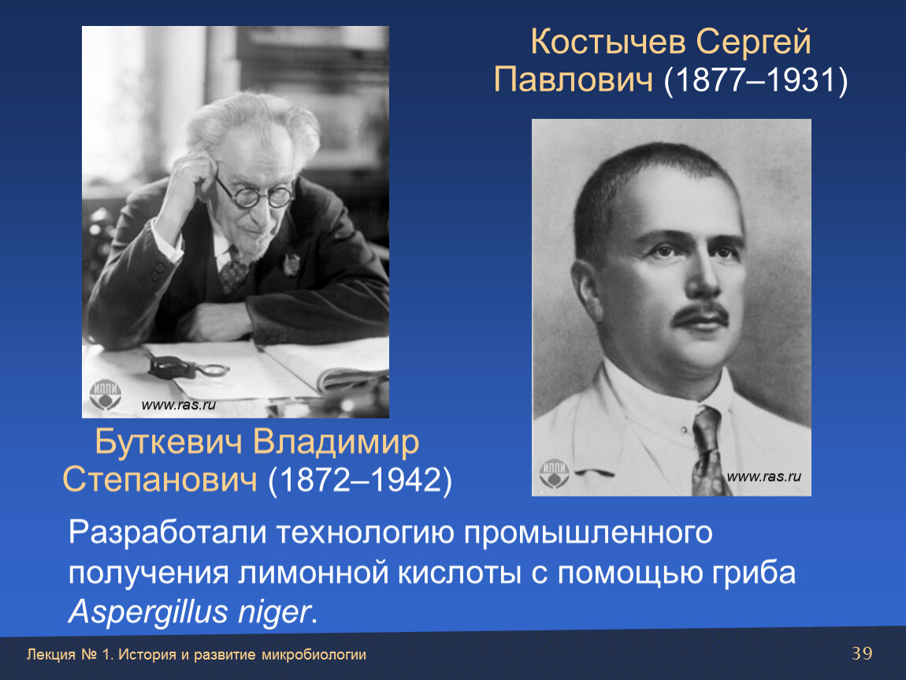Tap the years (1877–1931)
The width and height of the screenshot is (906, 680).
[756, 79]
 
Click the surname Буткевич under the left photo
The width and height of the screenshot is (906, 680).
[168, 443]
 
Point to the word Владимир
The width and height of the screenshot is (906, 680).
[336, 444]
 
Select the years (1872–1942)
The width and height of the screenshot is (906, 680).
[360, 479]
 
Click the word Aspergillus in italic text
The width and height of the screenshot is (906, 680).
[148, 612]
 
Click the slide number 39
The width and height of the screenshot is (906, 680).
[862, 653]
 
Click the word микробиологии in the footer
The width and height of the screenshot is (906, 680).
[314, 655]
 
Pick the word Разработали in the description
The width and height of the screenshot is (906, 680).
[167, 532]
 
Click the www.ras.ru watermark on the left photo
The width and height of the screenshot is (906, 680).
[179, 405]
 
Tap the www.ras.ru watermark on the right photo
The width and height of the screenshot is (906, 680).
[764, 477]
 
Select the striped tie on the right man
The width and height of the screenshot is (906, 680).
[708, 451]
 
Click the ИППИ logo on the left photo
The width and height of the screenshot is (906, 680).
[105, 395]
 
